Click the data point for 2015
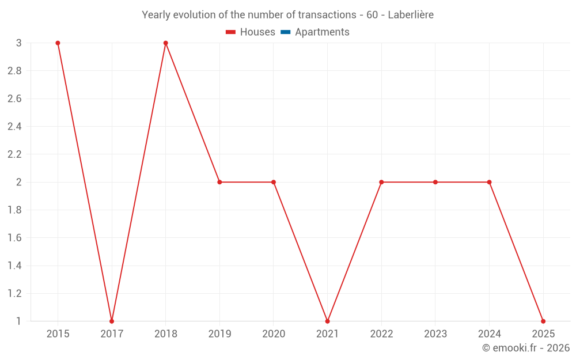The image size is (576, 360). [58, 43]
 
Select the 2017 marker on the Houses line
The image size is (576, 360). [112, 321]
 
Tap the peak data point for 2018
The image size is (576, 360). [166, 43]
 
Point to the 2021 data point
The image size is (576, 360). [327, 321]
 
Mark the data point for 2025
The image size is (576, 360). [543, 321]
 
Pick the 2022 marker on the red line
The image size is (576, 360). [381, 182]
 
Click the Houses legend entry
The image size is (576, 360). [251, 32]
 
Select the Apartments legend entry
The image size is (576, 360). [315, 32]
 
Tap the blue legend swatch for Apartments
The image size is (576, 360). [286, 32]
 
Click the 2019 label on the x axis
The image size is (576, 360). [219, 334]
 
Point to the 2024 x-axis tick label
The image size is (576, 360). [489, 334]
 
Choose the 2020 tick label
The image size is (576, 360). [274, 334]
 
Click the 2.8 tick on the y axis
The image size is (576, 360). [15, 71]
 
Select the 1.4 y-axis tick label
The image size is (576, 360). [15, 266]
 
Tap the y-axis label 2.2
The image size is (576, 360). [15, 154]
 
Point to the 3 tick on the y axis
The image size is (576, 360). [19, 43]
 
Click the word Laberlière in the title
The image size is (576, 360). [411, 15]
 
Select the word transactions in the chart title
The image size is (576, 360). [327, 15]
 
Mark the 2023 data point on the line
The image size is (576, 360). [435, 182]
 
